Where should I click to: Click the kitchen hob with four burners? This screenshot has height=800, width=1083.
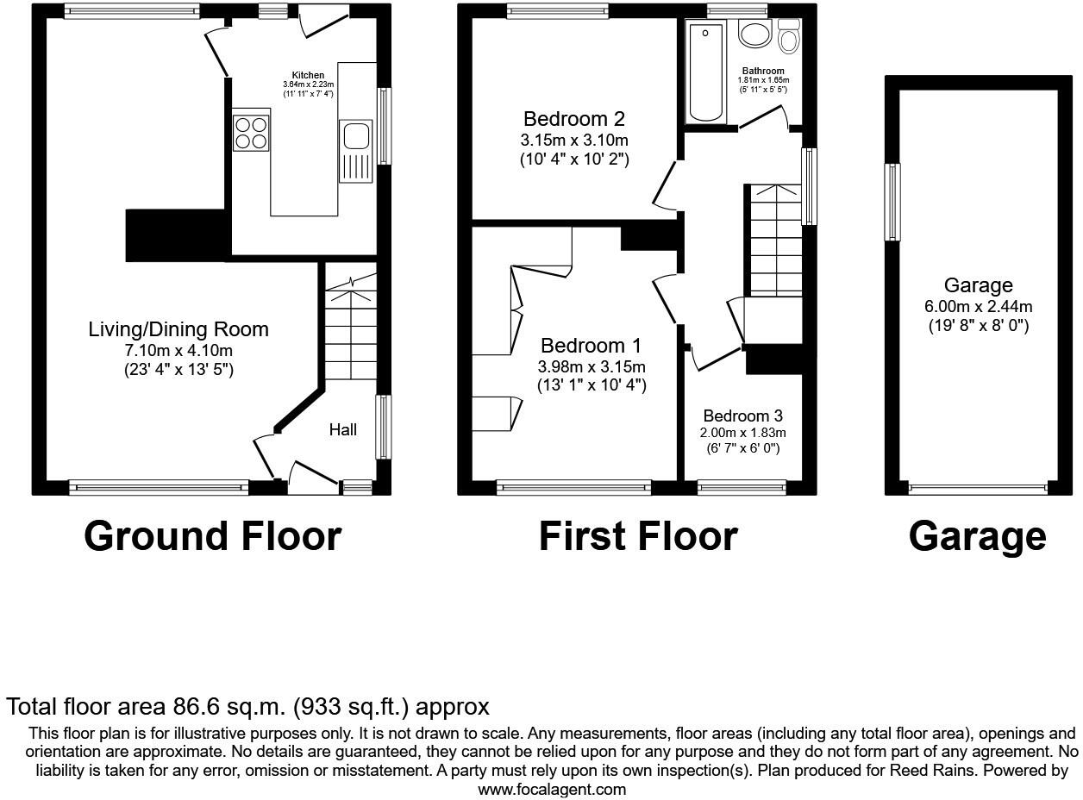(251, 132)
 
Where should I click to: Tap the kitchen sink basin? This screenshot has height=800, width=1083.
(355, 136)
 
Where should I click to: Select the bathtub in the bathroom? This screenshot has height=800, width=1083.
(705, 72)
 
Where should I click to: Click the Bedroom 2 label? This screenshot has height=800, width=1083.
(574, 119)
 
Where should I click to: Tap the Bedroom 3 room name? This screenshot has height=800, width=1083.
(742, 416)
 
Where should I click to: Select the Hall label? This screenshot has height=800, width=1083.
(342, 429)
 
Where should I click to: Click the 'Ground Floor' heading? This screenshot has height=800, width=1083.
(212, 535)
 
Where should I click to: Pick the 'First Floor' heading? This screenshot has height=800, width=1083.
(637, 535)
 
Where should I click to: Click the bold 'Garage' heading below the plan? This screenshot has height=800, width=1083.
(977, 535)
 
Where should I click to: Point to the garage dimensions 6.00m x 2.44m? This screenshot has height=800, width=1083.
(978, 306)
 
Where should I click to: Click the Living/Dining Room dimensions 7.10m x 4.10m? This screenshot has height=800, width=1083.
(178, 350)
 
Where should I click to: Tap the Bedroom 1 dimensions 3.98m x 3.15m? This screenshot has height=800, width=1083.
(592, 366)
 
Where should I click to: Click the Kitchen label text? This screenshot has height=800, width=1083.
(308, 76)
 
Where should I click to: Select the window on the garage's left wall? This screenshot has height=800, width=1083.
(893, 202)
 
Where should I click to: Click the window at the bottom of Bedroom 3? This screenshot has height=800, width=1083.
(742, 488)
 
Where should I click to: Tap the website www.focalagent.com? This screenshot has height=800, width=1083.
(552, 789)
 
